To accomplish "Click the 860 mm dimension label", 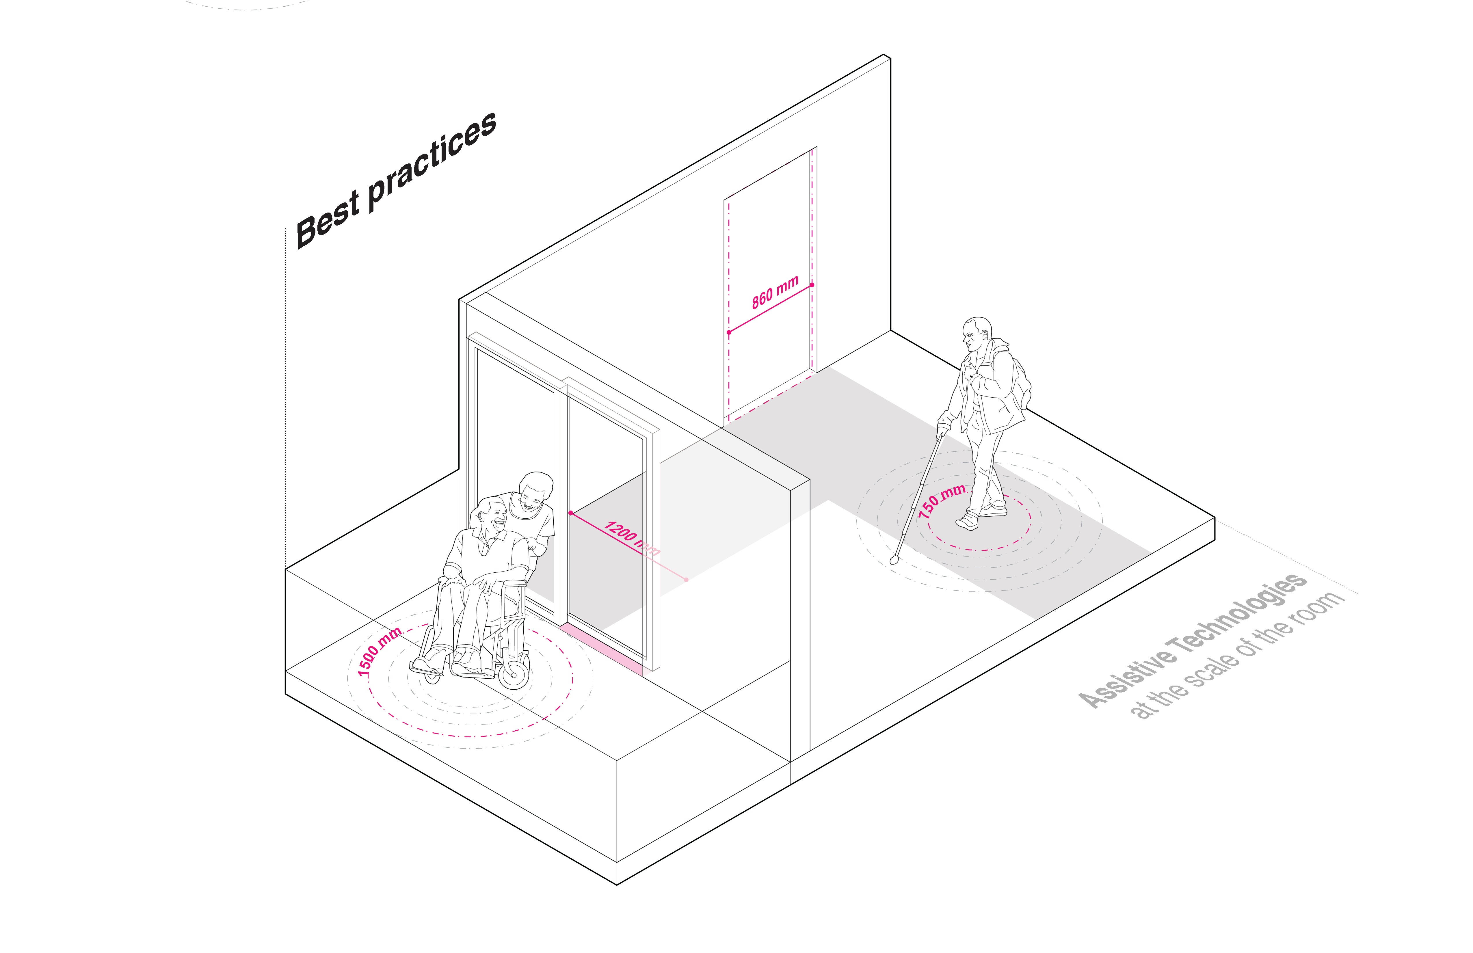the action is point(775,293).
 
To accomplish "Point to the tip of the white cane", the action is point(893,560).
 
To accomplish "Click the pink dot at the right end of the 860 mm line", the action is point(812,285).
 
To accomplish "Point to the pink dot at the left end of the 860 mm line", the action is point(729,332).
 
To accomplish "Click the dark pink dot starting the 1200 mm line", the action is point(570,512).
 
